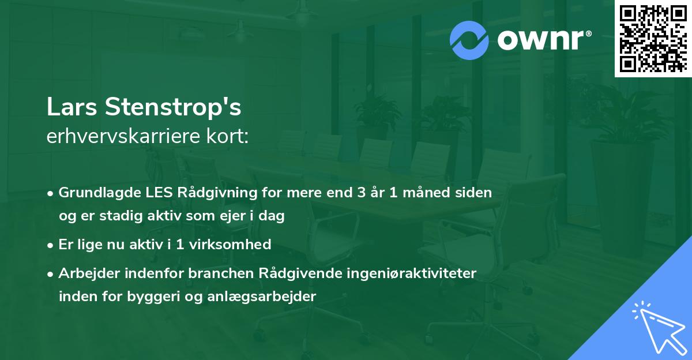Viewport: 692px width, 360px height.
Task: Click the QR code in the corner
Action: click(x=653, y=39)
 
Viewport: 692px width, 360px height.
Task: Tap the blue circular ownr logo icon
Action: click(x=469, y=40)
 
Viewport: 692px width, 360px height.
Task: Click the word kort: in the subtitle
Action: click(x=230, y=137)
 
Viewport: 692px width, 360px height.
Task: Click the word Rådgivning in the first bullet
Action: click(x=202, y=193)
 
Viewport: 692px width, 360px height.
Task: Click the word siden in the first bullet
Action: click(x=475, y=193)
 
